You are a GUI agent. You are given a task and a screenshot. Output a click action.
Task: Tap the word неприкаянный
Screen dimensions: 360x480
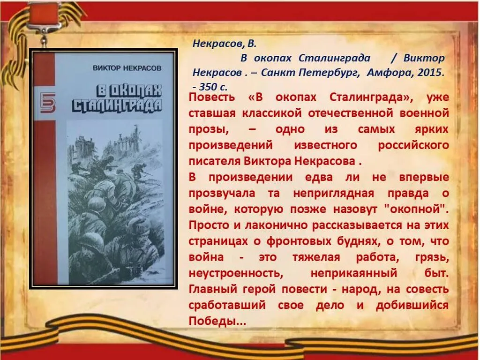[354, 273]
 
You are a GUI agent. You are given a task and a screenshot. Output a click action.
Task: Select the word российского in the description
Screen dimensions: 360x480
[414, 145]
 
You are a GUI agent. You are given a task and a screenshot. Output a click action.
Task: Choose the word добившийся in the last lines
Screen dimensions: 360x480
[412, 305]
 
